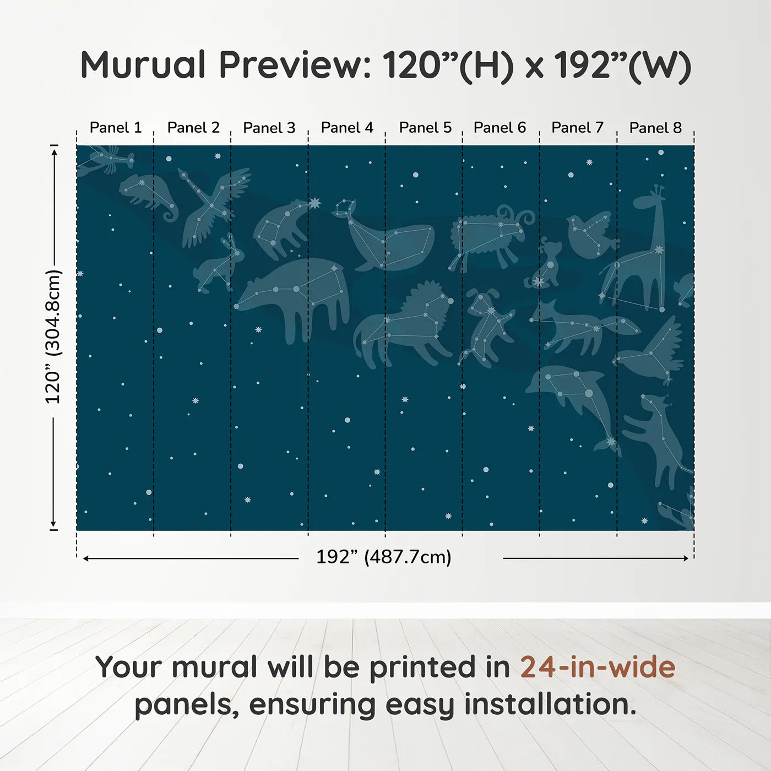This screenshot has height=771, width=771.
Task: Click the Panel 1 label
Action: [116, 128]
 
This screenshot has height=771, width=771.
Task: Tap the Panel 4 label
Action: [347, 128]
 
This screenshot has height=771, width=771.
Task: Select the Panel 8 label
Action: [655, 128]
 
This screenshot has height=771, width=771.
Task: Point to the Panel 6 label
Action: [499, 128]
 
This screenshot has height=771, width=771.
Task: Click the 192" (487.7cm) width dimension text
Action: [384, 557]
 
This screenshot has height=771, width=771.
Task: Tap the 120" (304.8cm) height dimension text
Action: [53, 336]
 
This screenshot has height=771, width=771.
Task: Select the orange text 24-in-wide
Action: [598, 667]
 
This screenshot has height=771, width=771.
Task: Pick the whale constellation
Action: [391, 240]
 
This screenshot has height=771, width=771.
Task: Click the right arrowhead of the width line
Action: [686, 558]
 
